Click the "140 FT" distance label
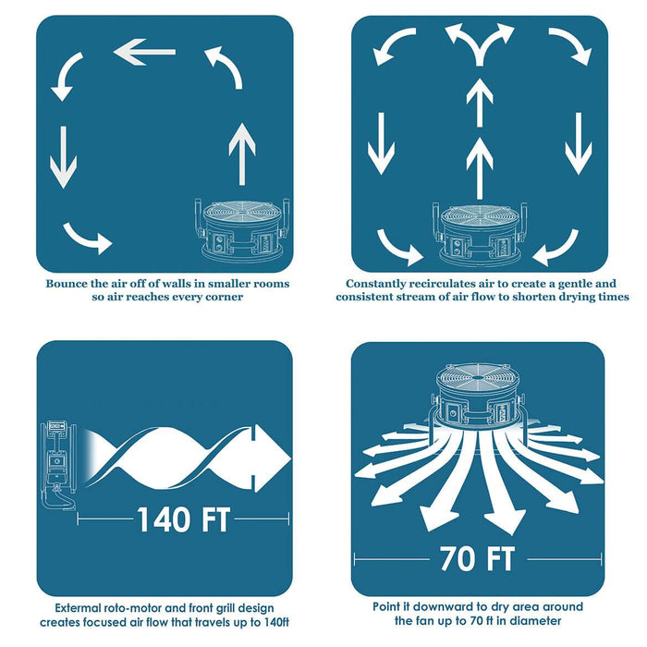[x=183, y=519]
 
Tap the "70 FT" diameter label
[x=477, y=558]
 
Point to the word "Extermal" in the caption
[x=78, y=608]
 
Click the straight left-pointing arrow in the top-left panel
[x=144, y=52]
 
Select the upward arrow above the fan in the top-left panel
[x=242, y=153]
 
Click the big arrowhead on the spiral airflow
[x=270, y=458]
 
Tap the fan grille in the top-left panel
[x=242, y=213]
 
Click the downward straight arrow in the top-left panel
[x=63, y=157]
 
